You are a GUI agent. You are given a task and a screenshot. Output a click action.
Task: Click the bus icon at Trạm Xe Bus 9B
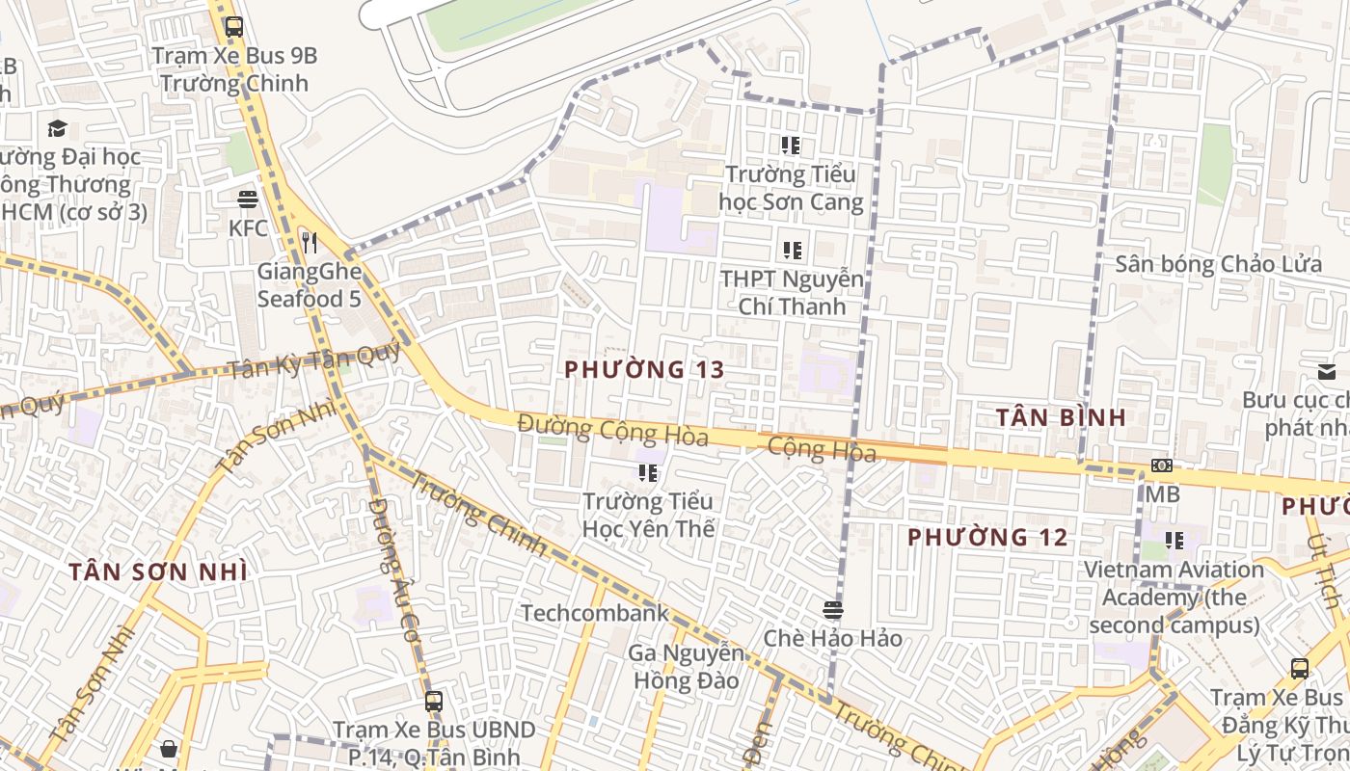[x=233, y=26]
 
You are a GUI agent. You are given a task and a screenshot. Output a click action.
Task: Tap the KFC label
[x=248, y=228]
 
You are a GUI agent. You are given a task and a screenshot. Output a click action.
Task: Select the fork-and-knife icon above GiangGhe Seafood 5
[x=310, y=242]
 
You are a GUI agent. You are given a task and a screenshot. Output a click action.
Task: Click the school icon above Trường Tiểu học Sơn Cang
[x=791, y=146]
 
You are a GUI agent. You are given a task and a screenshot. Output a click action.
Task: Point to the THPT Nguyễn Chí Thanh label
[x=792, y=293]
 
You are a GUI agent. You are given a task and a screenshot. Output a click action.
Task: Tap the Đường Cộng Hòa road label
[x=612, y=430]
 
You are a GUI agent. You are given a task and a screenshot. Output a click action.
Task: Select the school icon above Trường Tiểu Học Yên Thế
[x=648, y=472]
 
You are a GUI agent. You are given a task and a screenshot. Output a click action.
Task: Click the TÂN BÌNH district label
[x=1061, y=417]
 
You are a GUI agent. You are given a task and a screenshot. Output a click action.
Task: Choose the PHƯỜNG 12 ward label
[x=987, y=537]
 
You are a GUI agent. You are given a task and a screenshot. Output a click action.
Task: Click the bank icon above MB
[x=1162, y=465]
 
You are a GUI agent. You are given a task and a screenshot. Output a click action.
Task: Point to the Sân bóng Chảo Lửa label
[x=1219, y=264]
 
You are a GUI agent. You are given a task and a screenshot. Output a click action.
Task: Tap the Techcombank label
[x=595, y=613]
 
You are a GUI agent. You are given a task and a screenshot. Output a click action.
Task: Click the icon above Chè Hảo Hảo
[x=833, y=609]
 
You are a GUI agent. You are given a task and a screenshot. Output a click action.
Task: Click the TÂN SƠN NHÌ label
[x=158, y=572]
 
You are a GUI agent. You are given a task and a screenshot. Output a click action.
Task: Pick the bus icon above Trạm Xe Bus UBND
[x=434, y=701]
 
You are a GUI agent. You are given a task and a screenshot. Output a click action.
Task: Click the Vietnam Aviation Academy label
[x=1174, y=598]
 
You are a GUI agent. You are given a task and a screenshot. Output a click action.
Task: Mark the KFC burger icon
[x=248, y=199]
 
